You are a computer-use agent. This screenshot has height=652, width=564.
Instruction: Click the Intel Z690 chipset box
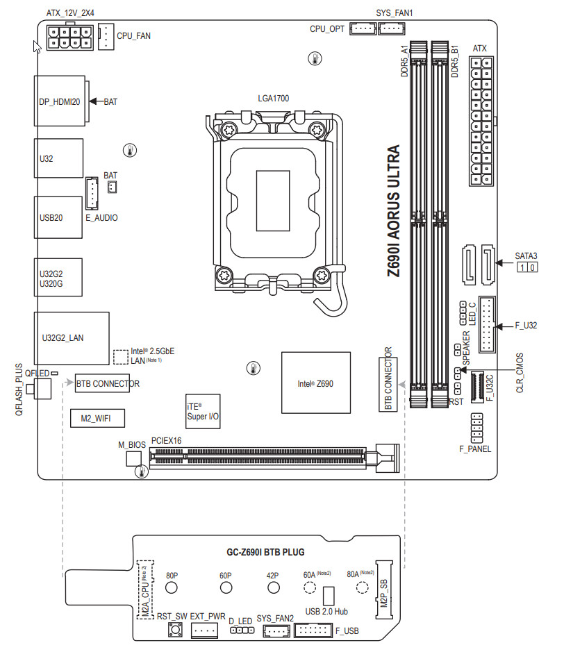coord(312,383)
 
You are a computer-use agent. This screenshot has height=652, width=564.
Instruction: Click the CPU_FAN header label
coord(133,35)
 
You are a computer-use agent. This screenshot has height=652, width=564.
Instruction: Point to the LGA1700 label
coord(273,98)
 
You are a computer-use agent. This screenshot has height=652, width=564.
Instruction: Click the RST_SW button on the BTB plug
coord(174,630)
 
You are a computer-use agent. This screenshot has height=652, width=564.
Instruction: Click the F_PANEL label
coord(475,449)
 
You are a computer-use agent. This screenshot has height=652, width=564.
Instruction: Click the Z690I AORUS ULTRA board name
coord(394,212)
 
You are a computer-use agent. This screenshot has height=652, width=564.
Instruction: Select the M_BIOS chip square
coord(133,459)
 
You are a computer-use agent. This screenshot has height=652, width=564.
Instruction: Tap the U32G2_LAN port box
coord(72,338)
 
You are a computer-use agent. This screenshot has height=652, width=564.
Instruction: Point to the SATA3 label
coord(526,256)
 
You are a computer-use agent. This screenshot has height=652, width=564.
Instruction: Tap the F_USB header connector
coord(314,630)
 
